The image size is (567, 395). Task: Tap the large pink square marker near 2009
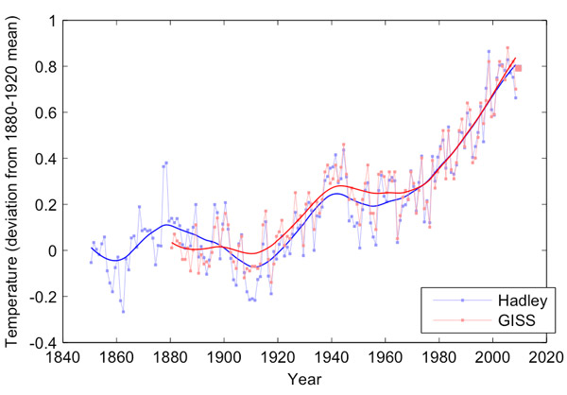518,67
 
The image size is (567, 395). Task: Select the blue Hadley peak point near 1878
166,163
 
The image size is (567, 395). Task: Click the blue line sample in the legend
462,300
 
